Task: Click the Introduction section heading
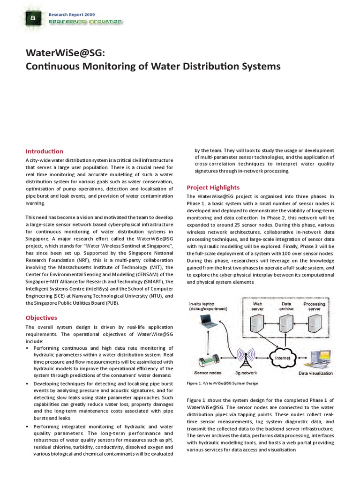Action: pyautogui.click(x=44, y=151)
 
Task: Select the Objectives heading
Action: pyautogui.click(x=41, y=317)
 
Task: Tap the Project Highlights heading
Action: pyautogui.click(x=213, y=187)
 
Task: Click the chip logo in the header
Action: pyautogui.click(x=33, y=18)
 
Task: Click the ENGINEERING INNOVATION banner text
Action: pyautogui.click(x=85, y=22)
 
